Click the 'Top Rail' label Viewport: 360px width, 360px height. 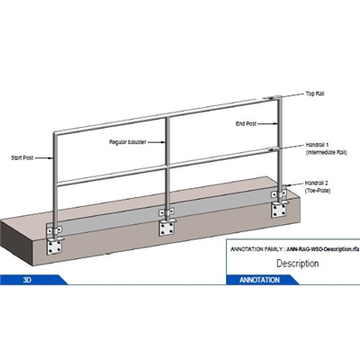pyautogui.click(x=315, y=94)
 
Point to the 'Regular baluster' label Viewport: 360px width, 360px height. pyautogui.click(x=128, y=140)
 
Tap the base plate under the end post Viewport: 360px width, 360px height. pyautogui.click(x=278, y=208)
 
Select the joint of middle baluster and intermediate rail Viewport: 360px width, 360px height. pyautogui.click(x=167, y=165)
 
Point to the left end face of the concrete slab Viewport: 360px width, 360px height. pyautogui.click(x=18, y=243)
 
